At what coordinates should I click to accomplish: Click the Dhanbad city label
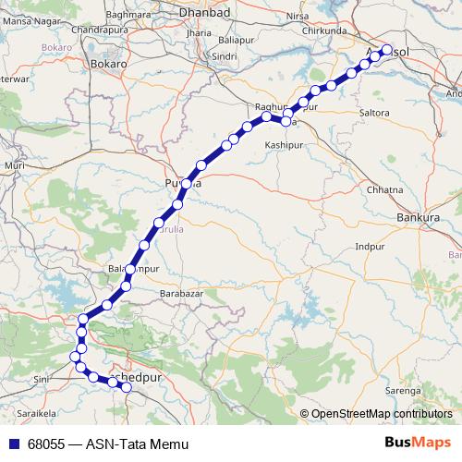[x=213, y=16]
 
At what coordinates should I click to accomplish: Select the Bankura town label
[x=416, y=218]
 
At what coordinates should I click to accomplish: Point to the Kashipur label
[x=283, y=146]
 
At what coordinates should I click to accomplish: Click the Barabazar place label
[x=181, y=293]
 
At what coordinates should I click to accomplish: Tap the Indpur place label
[x=370, y=248]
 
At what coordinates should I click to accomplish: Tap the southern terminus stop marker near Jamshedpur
[x=127, y=388]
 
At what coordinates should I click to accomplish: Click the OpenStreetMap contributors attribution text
[x=382, y=414]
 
